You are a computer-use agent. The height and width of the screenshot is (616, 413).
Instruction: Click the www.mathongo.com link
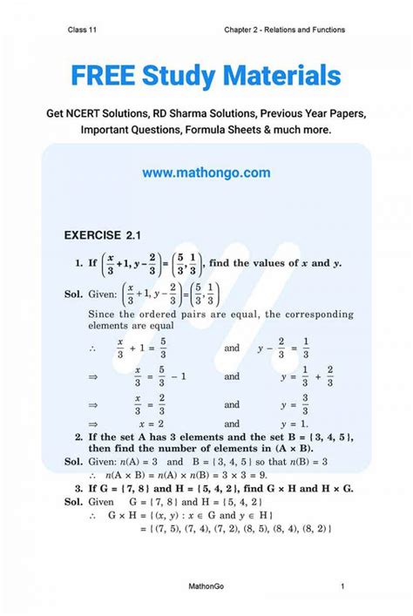pyautogui.click(x=206, y=173)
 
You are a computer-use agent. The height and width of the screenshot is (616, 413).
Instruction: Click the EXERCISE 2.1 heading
pyautogui.click(x=103, y=234)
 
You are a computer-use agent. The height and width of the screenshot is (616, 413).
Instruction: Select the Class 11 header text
pyautogui.click(x=83, y=30)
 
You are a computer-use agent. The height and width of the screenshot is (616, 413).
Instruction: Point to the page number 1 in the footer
pyautogui.click(x=343, y=588)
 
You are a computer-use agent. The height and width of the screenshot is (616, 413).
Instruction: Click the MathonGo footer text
pyautogui.click(x=206, y=588)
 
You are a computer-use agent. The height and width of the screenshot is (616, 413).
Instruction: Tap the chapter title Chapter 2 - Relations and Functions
pyautogui.click(x=284, y=30)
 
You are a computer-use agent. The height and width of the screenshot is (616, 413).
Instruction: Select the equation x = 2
pyautogui.click(x=149, y=423)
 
